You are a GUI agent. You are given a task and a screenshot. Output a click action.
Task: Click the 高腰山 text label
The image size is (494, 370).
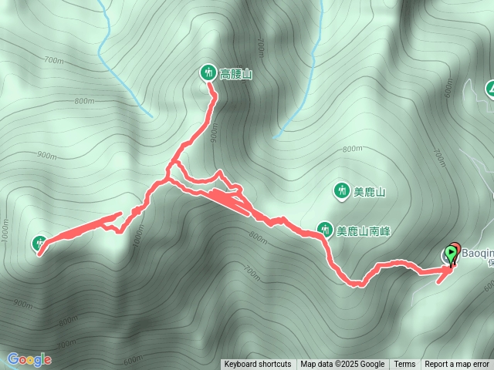[x=236, y=74]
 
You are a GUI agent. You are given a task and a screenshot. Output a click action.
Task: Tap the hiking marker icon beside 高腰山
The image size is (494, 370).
[x=208, y=72]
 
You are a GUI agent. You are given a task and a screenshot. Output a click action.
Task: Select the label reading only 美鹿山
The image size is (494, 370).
[x=369, y=191]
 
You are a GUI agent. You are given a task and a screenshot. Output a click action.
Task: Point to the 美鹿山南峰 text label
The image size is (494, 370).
[x=364, y=230]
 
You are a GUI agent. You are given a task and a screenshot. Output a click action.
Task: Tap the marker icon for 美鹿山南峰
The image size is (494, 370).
[x=325, y=229]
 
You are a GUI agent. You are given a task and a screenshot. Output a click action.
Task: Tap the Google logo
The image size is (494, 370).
[x=29, y=359]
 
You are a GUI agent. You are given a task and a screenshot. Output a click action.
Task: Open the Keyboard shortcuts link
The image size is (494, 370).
[x=258, y=365]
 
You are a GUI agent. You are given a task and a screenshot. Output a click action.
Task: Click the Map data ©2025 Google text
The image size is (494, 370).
[x=343, y=365]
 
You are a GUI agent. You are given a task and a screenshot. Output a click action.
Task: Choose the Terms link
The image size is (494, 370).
[x=404, y=365]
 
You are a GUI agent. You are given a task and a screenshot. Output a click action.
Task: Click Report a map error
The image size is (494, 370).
[x=457, y=365]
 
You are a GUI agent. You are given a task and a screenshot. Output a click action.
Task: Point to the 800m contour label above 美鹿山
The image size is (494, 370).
[x=351, y=149]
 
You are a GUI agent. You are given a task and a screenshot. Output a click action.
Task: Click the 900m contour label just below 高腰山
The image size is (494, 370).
[x=214, y=132]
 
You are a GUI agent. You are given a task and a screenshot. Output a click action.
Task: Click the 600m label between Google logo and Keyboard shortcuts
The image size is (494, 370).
[x=132, y=359]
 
